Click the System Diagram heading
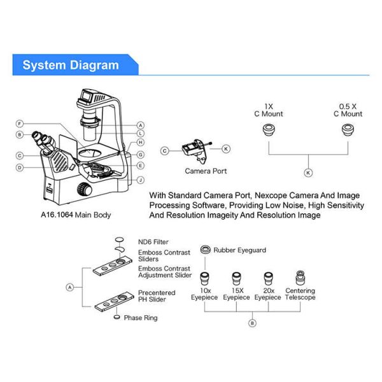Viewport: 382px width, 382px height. [x=71, y=65]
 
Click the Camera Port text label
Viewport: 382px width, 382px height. [x=206, y=171]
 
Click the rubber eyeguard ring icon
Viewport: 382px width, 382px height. [x=205, y=251]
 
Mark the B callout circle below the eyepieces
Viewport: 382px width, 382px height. [x=252, y=323]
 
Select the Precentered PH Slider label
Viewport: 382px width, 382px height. [x=156, y=297]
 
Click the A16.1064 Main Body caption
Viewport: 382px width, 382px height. [x=75, y=215]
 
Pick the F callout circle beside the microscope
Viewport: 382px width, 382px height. [x=20, y=124]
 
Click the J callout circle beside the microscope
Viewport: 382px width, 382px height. [x=140, y=180]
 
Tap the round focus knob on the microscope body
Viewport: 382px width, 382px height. [x=83, y=189]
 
